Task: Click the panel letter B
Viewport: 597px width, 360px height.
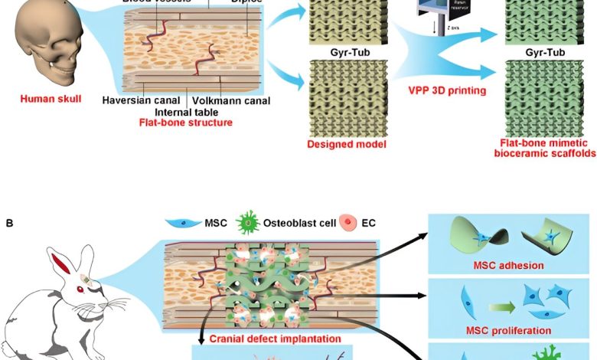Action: [9, 224]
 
